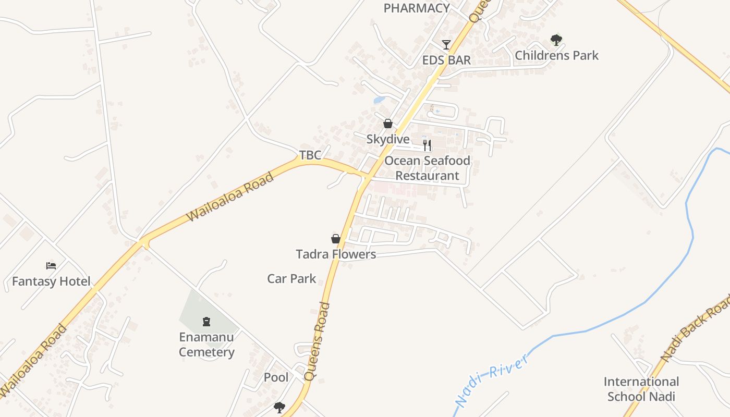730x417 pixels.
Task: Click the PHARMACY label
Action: [417, 8]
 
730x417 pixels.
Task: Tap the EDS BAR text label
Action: [446, 60]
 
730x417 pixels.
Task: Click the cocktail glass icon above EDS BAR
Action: [446, 44]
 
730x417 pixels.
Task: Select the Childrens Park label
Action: [556, 55]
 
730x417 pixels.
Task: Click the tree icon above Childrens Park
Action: [556, 39]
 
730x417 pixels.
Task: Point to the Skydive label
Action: [388, 139]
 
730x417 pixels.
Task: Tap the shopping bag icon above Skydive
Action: [388, 124]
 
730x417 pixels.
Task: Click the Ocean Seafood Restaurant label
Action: [427, 168]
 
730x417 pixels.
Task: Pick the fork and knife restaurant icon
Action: [427, 145]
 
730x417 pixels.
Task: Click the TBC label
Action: [310, 155]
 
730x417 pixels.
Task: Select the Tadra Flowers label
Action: [336, 254]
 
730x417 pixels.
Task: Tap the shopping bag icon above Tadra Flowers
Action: [336, 239]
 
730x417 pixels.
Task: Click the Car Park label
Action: [291, 279]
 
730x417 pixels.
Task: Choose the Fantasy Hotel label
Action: [51, 281]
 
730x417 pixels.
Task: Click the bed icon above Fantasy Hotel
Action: [51, 266]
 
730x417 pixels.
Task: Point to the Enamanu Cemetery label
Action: [206, 345]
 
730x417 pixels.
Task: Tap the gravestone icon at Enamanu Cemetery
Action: [206, 322]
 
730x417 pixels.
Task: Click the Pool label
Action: [276, 377]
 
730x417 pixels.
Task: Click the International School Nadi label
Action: [641, 389]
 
